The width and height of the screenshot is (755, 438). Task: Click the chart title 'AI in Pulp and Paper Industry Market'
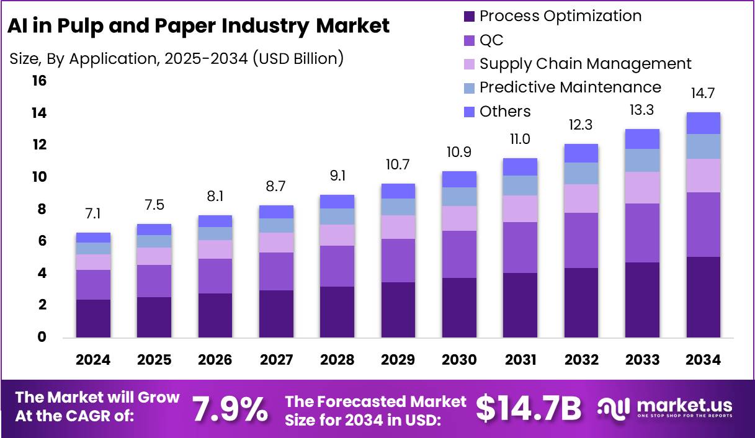pos(198,26)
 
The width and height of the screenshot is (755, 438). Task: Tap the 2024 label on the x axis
pos(93,360)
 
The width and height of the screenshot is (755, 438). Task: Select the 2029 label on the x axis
pos(398,360)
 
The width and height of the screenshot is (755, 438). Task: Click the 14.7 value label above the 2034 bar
pos(703,94)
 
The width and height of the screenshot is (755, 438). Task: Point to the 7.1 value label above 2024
pos(93,215)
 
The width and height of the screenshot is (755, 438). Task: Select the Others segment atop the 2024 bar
pos(93,238)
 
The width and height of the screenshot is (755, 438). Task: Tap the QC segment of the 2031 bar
pos(520,248)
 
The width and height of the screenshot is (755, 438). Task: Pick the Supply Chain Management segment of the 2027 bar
pos(276,243)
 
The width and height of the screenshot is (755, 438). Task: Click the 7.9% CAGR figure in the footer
pos(230,409)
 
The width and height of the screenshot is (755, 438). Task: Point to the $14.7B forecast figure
pos(529,409)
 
